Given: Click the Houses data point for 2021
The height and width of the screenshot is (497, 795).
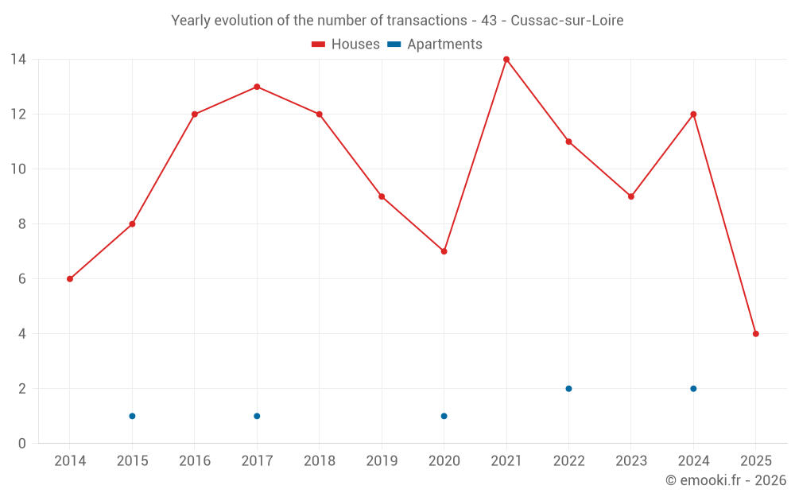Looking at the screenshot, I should point(506,60).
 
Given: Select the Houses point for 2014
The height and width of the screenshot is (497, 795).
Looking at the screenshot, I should point(70,279).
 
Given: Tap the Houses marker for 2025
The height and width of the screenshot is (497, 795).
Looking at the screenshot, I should point(755,334).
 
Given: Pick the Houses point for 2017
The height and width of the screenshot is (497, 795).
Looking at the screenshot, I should point(257,87).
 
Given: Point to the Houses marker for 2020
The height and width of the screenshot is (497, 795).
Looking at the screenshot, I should point(444,251).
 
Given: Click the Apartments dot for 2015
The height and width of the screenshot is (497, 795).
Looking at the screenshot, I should point(132,416).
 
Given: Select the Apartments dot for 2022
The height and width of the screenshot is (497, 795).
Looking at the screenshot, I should point(568,389).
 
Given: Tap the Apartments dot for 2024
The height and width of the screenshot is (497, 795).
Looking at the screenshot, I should point(693,389).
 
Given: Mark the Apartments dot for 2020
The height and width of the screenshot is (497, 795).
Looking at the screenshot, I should point(444,416).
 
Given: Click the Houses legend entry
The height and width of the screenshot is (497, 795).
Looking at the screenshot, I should point(346,45).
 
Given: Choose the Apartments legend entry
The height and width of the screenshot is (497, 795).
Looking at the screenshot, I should point(435,45).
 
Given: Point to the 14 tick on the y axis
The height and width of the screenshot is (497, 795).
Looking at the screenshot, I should point(18,60).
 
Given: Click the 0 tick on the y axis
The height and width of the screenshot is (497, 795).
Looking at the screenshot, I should point(21,444).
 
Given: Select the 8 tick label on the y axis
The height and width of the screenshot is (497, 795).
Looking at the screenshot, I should point(21,224).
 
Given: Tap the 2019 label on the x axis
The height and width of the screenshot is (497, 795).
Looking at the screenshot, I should point(382,461).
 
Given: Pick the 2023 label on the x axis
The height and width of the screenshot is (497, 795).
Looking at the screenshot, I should point(631,461).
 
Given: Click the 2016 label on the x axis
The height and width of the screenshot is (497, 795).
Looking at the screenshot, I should point(195,461).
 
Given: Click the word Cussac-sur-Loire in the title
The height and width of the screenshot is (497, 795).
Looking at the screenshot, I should point(567,21).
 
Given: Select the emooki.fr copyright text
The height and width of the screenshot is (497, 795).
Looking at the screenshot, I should point(726,480).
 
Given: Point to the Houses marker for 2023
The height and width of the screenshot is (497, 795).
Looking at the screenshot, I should point(631,196).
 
